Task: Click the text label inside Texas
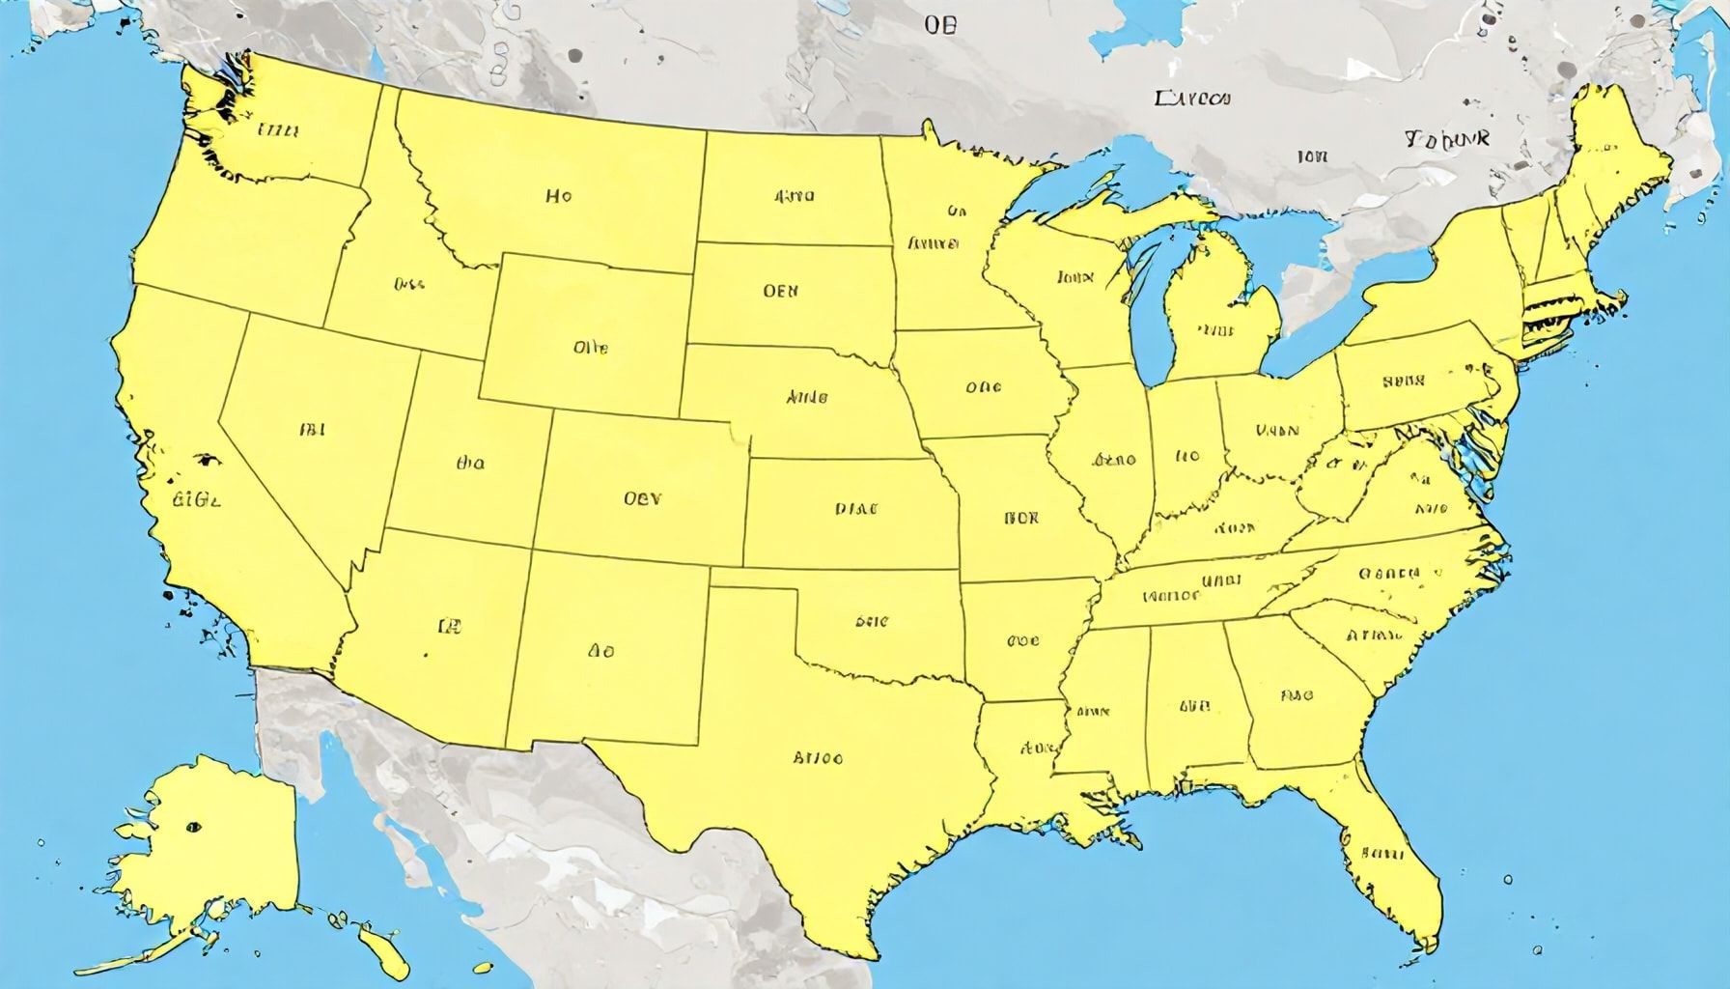(817, 758)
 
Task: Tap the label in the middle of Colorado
(642, 499)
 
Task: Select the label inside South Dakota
(780, 290)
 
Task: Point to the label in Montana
(558, 196)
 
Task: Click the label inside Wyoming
(590, 347)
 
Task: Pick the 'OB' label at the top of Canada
(939, 26)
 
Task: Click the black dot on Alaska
(194, 826)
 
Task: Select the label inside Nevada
(312, 428)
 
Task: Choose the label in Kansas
(856, 507)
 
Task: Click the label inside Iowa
(983, 388)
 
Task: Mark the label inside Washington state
(278, 130)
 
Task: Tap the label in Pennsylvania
(1403, 381)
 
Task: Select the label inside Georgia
(1297, 693)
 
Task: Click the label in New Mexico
(600, 651)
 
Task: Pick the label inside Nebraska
(806, 396)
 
